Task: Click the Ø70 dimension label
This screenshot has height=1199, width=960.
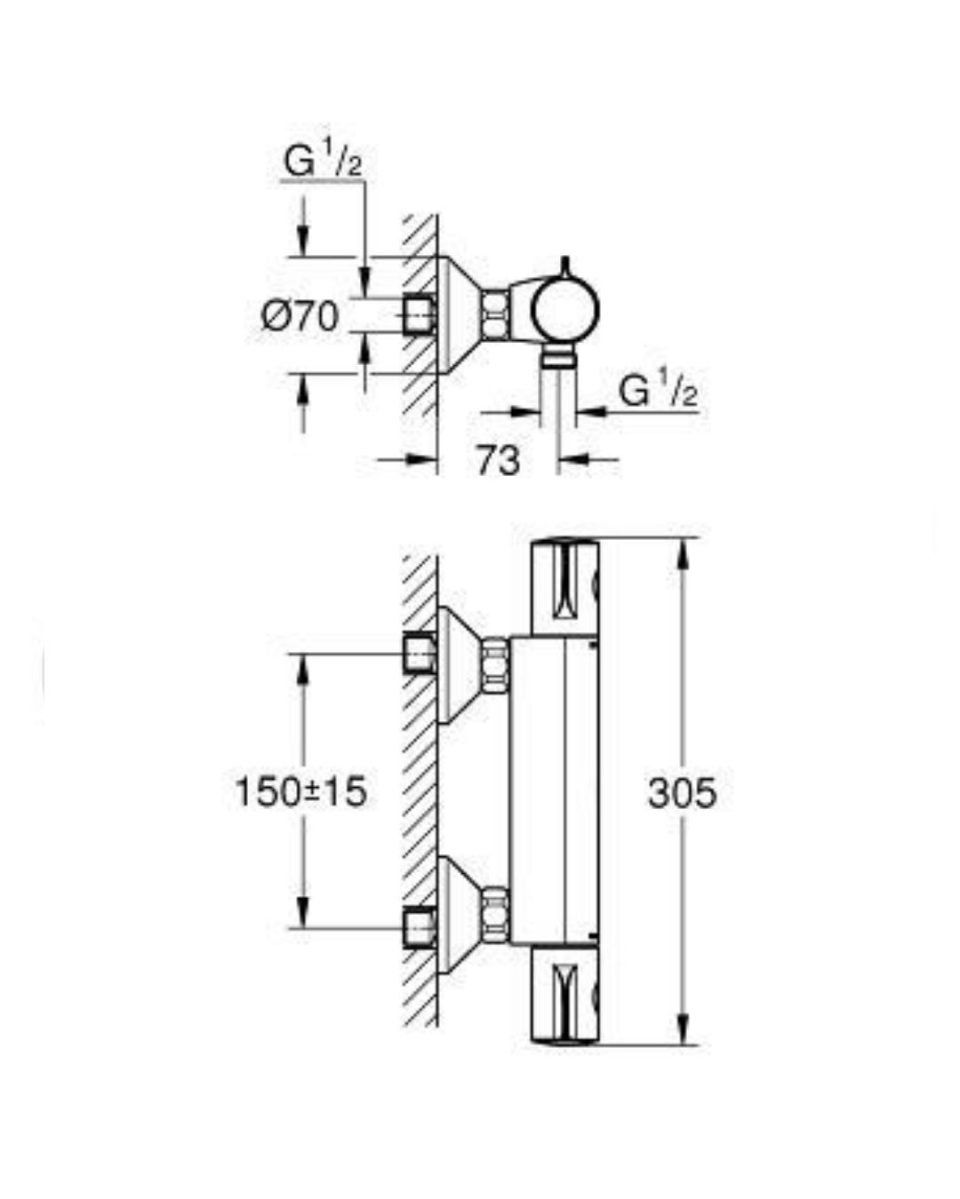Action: (300, 316)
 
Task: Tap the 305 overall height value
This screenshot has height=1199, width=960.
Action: (682, 792)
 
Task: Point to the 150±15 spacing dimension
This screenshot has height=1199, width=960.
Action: (300, 791)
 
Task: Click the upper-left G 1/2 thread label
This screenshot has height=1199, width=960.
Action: (323, 163)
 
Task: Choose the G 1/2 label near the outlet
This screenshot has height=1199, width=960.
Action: (658, 392)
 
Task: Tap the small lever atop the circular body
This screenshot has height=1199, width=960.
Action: (565, 267)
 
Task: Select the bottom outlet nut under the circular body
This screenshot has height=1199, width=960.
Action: (558, 358)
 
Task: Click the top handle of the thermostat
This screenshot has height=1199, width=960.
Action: (565, 586)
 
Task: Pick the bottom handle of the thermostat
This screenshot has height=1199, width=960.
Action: (565, 995)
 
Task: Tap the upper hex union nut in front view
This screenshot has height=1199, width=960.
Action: (495, 665)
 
